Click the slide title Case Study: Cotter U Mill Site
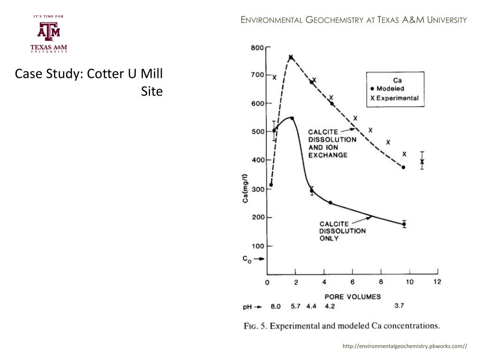[89, 82]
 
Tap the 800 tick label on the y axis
[257, 47]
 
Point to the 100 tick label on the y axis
[257, 246]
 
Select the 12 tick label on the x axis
[437, 282]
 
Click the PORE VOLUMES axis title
[353, 296]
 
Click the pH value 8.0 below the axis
[275, 307]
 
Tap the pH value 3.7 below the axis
[399, 306]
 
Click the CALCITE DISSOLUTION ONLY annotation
[342, 231]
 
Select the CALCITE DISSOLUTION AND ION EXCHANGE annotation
[332, 143]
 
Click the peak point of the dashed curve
[291, 57]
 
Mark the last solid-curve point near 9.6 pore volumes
[404, 224]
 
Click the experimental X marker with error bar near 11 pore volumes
[422, 162]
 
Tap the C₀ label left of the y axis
[247, 259]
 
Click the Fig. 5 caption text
[342, 326]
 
